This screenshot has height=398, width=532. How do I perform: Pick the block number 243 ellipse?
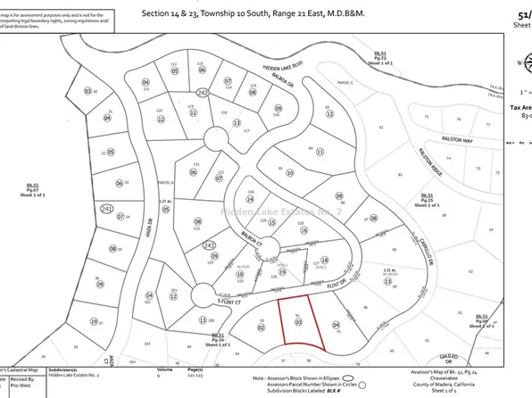(211, 244)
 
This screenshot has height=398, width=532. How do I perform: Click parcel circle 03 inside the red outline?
(297, 321)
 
